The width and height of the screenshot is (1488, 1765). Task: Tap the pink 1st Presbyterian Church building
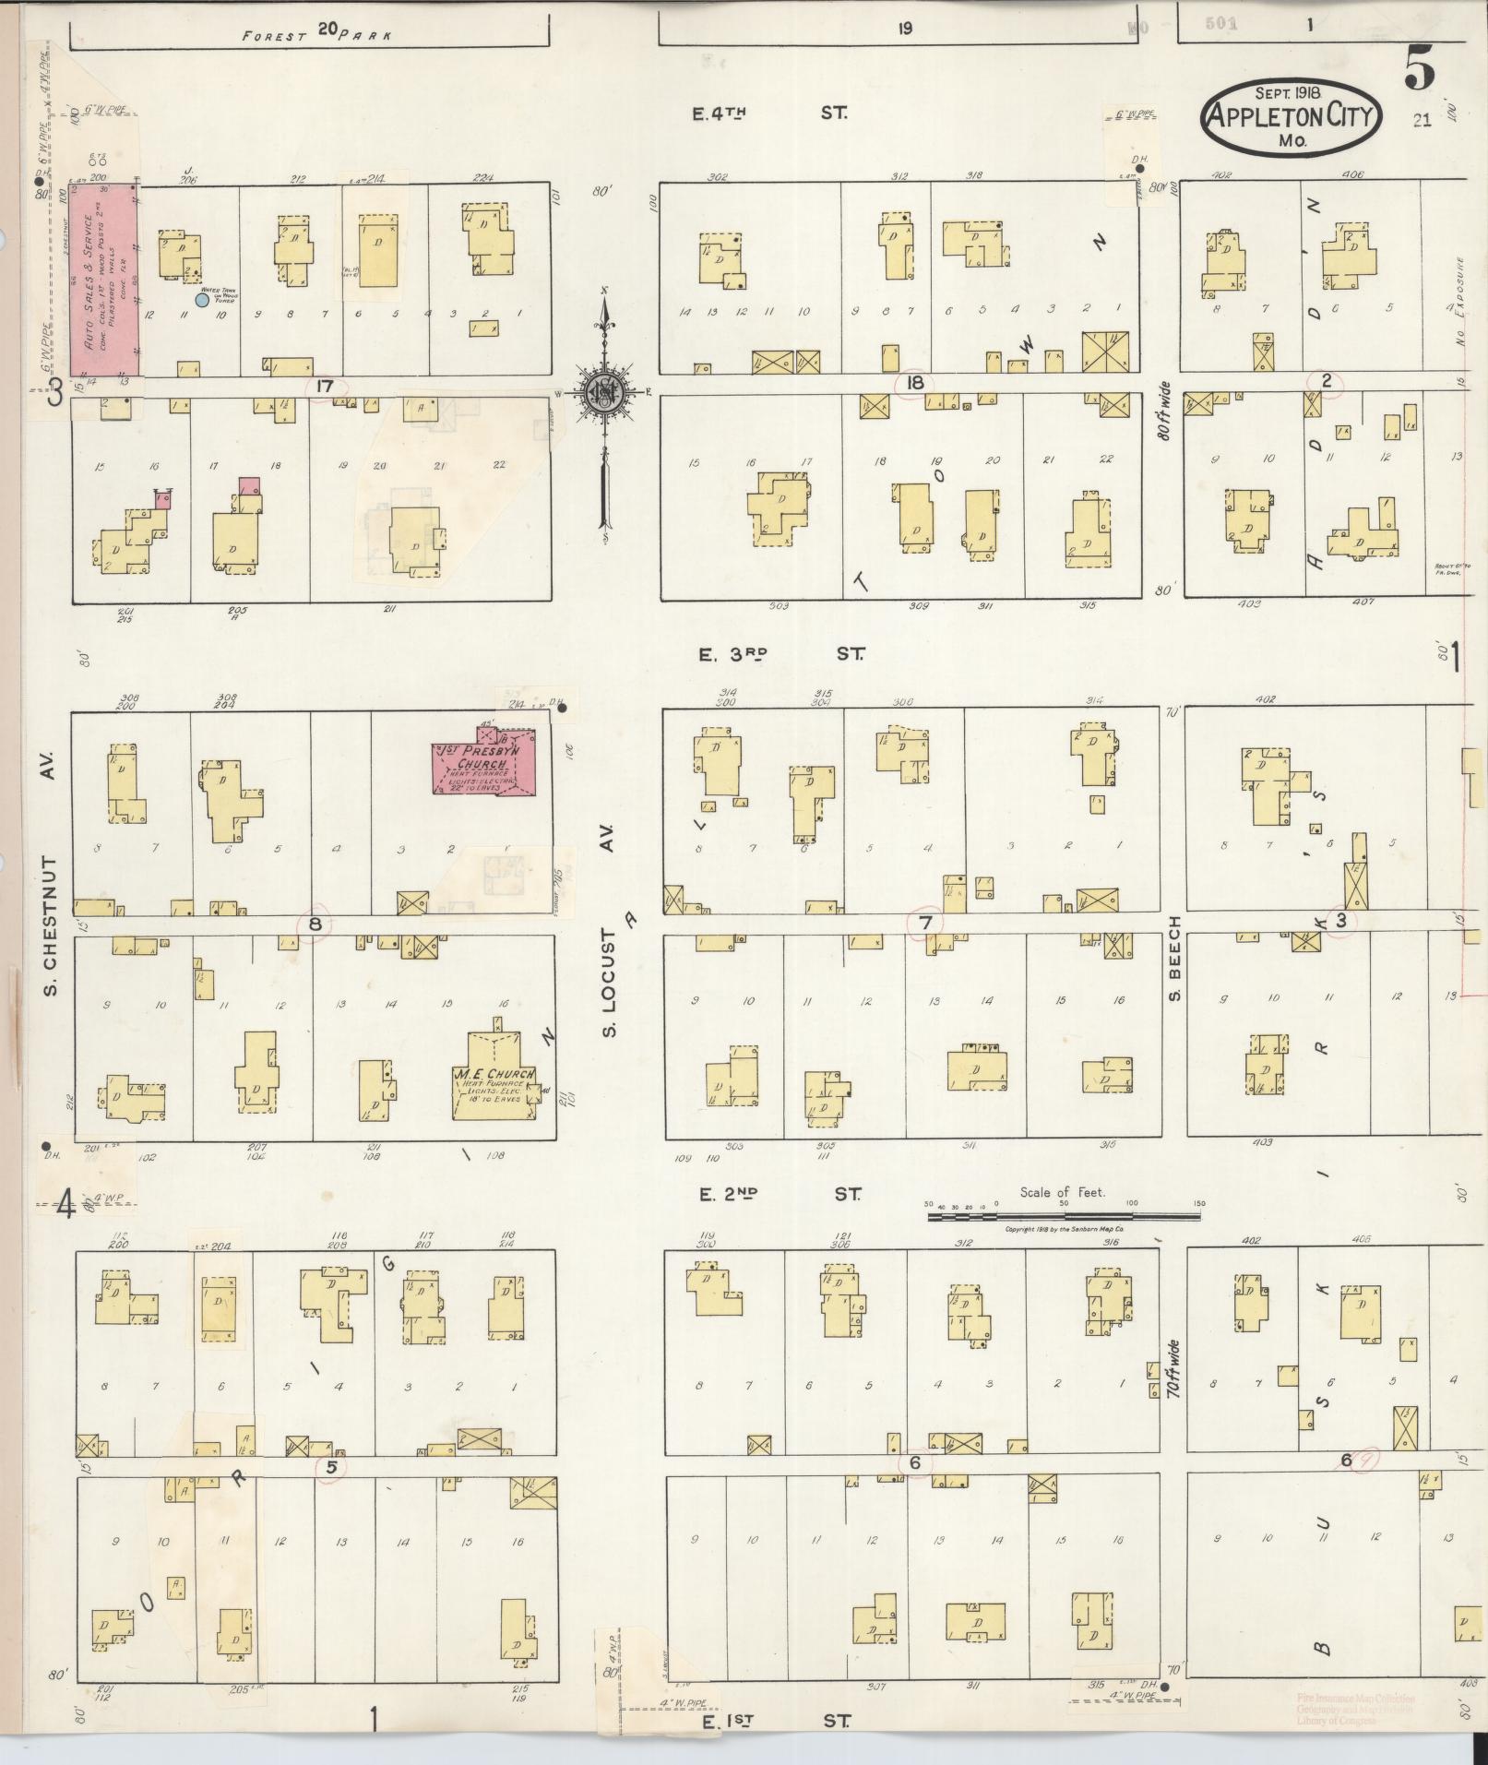tap(483, 764)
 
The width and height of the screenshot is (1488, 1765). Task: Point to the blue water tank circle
tap(202, 299)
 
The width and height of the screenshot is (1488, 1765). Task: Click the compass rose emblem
tap(605, 392)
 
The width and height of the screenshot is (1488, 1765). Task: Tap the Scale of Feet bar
tap(1063, 1217)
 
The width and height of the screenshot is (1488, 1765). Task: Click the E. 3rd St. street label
tap(780, 654)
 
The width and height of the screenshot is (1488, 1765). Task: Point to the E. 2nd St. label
tap(780, 1194)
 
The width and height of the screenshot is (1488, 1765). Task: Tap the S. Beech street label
tap(1175, 960)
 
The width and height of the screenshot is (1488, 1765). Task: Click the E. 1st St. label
tap(774, 1721)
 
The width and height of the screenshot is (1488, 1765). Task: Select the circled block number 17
tap(324, 386)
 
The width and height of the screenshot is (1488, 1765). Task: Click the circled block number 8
tap(315, 924)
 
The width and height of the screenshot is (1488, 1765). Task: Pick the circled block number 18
tap(915, 384)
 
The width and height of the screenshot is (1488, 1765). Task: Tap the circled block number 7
tap(925, 923)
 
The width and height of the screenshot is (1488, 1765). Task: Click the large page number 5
tap(1420, 70)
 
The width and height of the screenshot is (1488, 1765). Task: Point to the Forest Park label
tap(316, 34)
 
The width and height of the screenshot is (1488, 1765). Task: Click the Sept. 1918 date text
tap(1289, 93)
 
